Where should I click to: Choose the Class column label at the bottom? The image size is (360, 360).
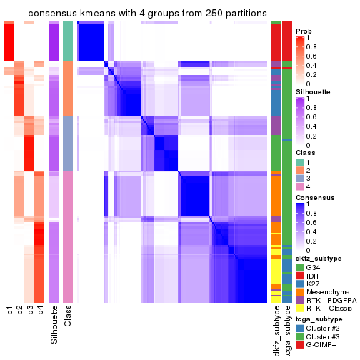[x=68, y=317]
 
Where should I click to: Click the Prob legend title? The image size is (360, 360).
[x=303, y=31]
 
